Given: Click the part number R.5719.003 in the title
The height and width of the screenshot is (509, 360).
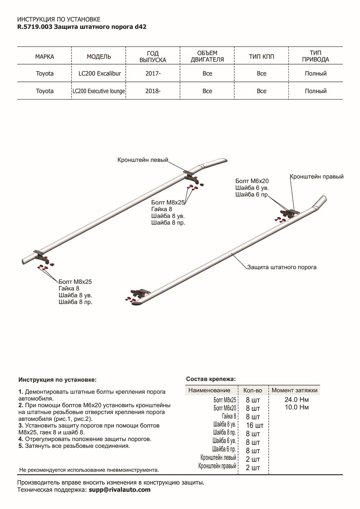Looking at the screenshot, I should pos(35,26).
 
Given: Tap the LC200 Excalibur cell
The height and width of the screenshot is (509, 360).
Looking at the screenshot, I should pos(100,73).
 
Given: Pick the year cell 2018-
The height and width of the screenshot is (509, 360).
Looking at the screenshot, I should pos(153,91).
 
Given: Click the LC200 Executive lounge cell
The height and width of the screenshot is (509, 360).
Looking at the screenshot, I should pos(99,91).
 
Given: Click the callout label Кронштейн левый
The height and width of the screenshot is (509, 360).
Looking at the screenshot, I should pos(143,160).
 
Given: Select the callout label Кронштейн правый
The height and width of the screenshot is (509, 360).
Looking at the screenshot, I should pos(316,176).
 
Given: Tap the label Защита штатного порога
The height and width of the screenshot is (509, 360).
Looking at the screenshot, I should pos(282,268).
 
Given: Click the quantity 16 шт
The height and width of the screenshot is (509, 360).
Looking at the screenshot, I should pos(254,425).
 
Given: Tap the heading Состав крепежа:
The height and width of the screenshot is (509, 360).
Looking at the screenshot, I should pos(211,379).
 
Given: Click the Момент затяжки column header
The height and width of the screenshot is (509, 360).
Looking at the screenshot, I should pos(294,390).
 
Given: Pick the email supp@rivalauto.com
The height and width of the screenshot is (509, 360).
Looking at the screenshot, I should pos(119,490).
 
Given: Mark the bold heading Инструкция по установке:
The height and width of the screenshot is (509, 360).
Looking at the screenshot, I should pos(58,380).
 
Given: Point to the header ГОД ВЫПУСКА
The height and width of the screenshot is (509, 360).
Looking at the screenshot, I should pos(153,57).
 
